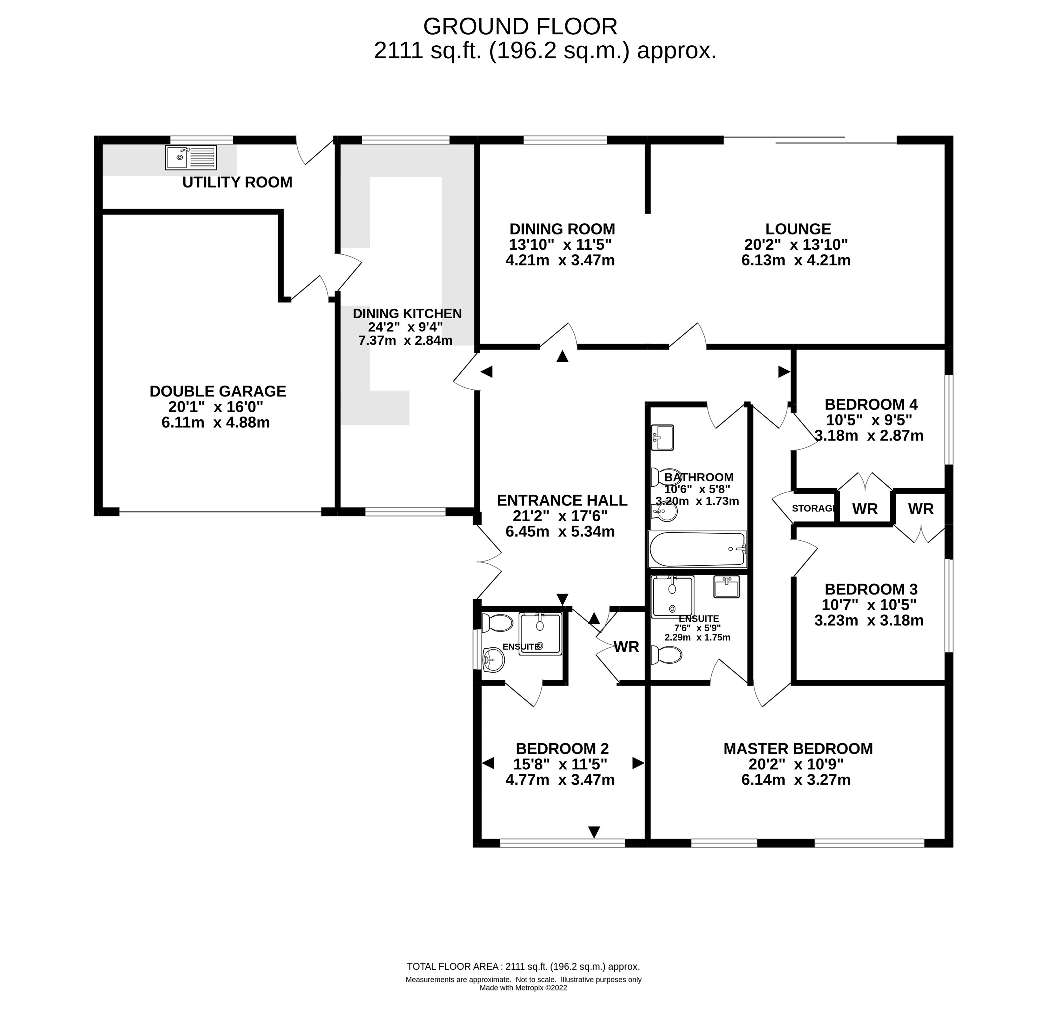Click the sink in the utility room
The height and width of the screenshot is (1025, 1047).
(x=191, y=158)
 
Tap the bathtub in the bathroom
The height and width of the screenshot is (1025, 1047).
(x=697, y=549)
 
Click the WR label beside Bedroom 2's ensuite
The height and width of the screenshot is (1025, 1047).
(x=626, y=647)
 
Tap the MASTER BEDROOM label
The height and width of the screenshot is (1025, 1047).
(x=798, y=749)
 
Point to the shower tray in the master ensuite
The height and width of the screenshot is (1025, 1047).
(x=672, y=596)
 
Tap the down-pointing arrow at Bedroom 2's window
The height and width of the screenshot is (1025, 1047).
(x=594, y=832)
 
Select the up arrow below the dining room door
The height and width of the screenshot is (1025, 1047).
(x=562, y=356)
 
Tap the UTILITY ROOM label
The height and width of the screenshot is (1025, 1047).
(x=237, y=182)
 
